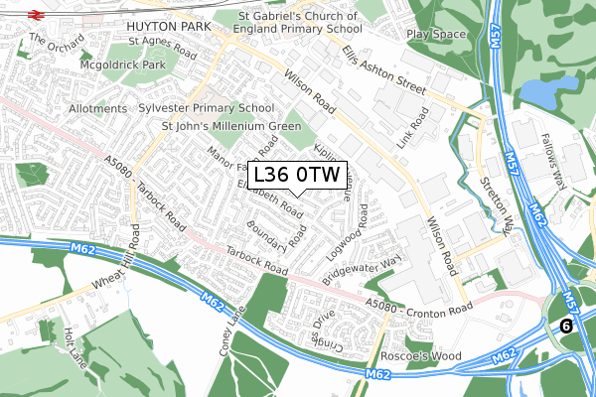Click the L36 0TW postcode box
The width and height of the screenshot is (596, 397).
click(297, 176)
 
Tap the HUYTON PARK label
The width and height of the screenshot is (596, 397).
click(165, 20)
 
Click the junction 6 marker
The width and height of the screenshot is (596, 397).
click(566, 326)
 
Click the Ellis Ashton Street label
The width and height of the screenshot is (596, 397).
click(382, 71)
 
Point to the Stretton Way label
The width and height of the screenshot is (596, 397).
click(506, 198)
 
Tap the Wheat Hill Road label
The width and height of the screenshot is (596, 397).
click(112, 268)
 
